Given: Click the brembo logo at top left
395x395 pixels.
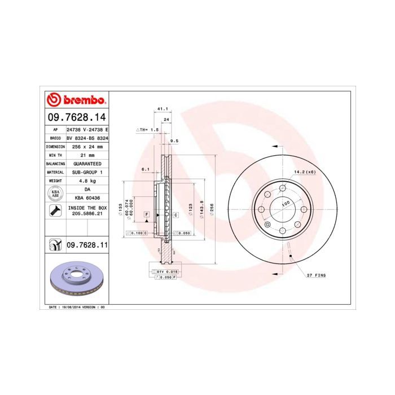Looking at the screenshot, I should (76, 100).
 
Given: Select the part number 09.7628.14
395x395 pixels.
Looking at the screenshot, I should (76, 118).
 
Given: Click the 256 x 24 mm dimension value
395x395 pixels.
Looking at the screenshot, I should (87, 146).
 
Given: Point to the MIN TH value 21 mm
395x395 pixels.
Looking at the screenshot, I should (87, 154).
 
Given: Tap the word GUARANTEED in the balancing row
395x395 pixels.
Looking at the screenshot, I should (87, 163).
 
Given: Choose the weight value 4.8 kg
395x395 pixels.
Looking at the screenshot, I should (87, 181).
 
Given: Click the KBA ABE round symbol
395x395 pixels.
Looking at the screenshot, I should (55, 194).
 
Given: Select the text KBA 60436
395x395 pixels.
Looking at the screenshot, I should (87, 198).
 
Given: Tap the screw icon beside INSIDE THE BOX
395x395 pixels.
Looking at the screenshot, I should (55, 212).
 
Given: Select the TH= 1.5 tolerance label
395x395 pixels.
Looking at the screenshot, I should (148, 129).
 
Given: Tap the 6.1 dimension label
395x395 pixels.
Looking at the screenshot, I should (145, 169).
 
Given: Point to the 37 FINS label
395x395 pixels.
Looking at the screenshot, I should (315, 275).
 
